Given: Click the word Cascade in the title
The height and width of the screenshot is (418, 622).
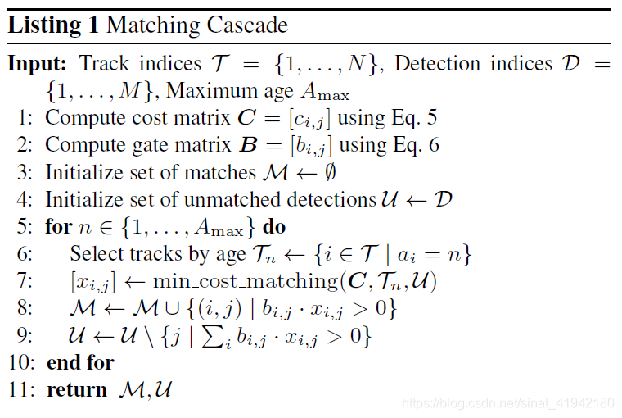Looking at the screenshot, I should pyautogui.click(x=245, y=25).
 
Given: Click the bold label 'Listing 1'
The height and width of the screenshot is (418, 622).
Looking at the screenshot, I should pyautogui.click(x=54, y=25).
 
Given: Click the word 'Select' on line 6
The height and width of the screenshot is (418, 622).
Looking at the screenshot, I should pyautogui.click(x=94, y=254).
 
